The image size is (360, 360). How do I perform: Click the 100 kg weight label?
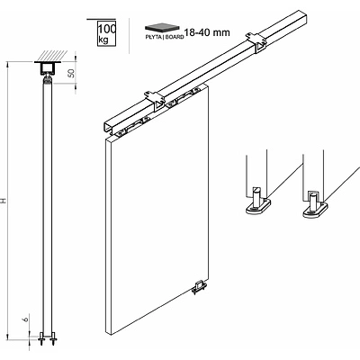click(106, 34)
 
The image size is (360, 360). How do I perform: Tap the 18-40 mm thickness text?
click(207, 32)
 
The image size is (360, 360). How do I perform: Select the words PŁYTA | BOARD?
click(165, 37)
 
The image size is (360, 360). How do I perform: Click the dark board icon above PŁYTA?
click(159, 27)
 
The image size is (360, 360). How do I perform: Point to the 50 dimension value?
click(71, 73)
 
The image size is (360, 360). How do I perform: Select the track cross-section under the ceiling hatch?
click(48, 68)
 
